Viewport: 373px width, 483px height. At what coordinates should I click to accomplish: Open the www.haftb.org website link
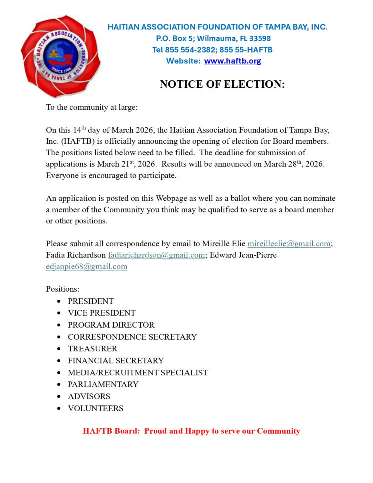tap(232, 61)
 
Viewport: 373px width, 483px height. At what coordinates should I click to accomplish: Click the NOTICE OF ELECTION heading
tap(222, 84)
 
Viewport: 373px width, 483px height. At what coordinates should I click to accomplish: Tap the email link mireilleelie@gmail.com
tap(289, 243)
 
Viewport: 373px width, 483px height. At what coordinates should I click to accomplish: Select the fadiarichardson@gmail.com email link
tap(156, 255)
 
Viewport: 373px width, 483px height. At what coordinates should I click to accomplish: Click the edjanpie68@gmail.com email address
tap(86, 266)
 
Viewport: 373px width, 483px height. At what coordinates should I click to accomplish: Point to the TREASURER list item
tap(92, 349)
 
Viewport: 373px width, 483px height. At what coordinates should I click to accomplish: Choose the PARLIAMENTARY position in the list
tap(103, 384)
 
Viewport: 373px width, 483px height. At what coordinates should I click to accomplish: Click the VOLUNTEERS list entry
tap(95, 408)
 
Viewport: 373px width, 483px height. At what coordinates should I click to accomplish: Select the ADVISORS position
tap(89, 396)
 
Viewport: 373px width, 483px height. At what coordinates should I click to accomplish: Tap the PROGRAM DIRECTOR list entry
tap(111, 325)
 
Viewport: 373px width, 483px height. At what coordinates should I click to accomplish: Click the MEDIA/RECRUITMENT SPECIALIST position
tap(138, 372)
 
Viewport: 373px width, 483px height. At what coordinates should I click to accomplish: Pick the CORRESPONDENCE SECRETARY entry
tap(132, 337)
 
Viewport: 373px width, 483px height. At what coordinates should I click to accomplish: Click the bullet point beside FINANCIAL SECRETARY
tap(59, 361)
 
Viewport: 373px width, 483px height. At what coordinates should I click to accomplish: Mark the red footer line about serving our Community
tap(191, 431)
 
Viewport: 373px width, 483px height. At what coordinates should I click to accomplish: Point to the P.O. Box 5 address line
tap(213, 38)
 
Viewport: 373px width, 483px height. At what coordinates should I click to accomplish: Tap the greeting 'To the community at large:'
tap(92, 107)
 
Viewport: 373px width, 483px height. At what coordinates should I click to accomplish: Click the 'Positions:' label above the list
tap(63, 289)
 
